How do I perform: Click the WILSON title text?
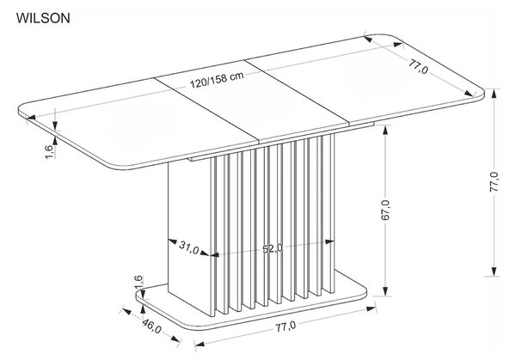[43, 18]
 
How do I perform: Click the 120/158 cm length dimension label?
[218, 81]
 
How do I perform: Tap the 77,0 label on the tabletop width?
[419, 66]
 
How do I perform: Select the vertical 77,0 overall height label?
[494, 181]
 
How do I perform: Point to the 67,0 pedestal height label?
[386, 210]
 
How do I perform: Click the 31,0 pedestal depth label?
[189, 247]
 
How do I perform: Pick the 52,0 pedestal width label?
[273, 249]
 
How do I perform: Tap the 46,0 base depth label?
[151, 326]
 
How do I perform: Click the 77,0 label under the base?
[286, 326]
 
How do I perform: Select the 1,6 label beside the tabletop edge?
[49, 151]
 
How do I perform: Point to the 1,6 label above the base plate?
[138, 283]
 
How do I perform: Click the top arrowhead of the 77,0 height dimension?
[494, 94]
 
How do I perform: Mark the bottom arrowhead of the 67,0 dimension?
[385, 291]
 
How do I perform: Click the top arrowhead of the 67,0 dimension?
[385, 131]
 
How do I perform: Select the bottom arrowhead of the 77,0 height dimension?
[494, 271]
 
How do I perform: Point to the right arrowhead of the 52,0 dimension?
[329, 241]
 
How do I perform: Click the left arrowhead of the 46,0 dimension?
[127, 310]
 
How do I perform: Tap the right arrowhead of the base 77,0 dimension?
[372, 308]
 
